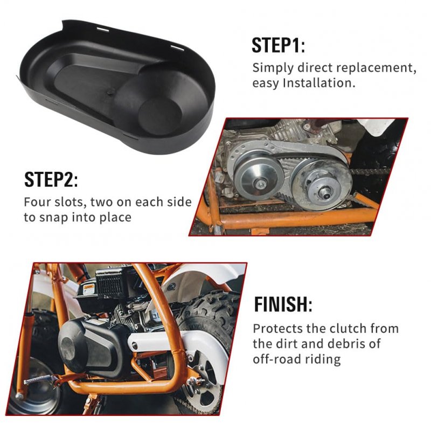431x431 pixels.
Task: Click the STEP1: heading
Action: [278, 45]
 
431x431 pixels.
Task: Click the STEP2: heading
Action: [51, 179]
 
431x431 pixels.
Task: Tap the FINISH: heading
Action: [283, 304]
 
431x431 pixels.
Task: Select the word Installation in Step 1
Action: [319, 83]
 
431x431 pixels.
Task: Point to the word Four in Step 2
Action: [37, 202]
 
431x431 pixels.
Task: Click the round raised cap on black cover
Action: [160, 116]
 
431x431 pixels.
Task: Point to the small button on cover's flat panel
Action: [110, 92]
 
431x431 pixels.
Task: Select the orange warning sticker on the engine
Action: [89, 289]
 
